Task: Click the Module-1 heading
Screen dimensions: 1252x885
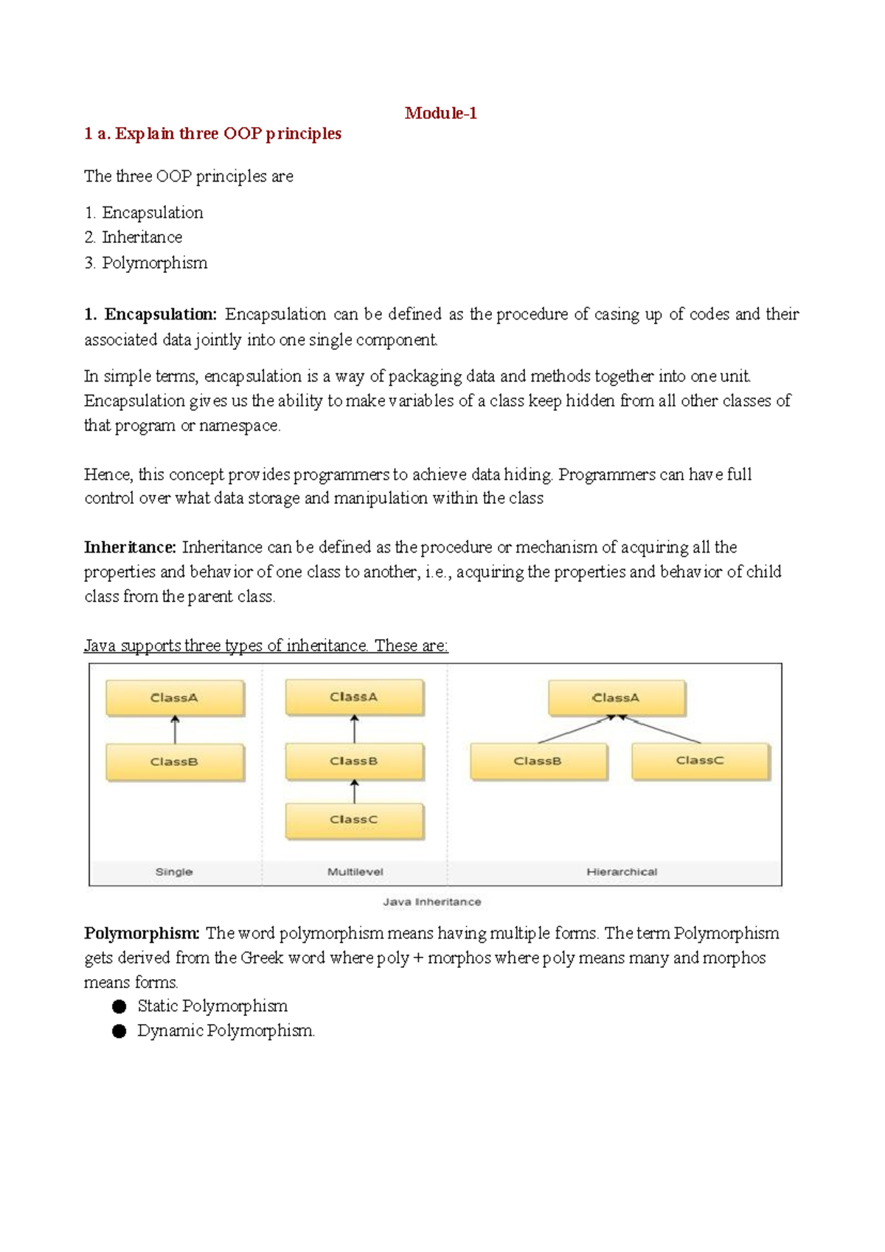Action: [x=440, y=113]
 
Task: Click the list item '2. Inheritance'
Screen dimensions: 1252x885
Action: [x=133, y=238]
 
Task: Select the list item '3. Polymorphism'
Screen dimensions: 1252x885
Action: [x=146, y=263]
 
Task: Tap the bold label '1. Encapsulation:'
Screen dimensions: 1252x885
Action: [x=150, y=314]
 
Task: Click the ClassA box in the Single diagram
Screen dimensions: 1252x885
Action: [x=175, y=698]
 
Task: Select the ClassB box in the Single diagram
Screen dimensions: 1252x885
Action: [x=175, y=762]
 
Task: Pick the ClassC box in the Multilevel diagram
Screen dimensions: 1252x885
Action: [x=354, y=820]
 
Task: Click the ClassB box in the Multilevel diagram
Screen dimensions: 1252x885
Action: [x=354, y=761]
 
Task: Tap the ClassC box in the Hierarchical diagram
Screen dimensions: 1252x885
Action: [x=700, y=761]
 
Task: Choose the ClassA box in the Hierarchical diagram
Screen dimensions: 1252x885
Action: [x=617, y=698]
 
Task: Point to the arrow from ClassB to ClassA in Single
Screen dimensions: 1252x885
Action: [x=175, y=730]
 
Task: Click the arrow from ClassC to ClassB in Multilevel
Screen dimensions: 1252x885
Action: [x=355, y=791]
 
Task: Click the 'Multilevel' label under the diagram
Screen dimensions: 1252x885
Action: [x=355, y=872]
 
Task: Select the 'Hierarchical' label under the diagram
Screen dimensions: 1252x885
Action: [x=622, y=872]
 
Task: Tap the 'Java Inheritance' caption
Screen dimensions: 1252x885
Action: [x=432, y=902]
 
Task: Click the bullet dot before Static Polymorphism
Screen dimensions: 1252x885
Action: [x=119, y=1006]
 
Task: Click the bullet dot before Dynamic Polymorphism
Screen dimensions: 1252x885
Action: [x=119, y=1031]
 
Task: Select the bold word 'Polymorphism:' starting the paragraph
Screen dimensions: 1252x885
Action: [x=142, y=933]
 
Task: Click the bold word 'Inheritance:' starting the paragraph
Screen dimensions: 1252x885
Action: [x=131, y=547]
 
